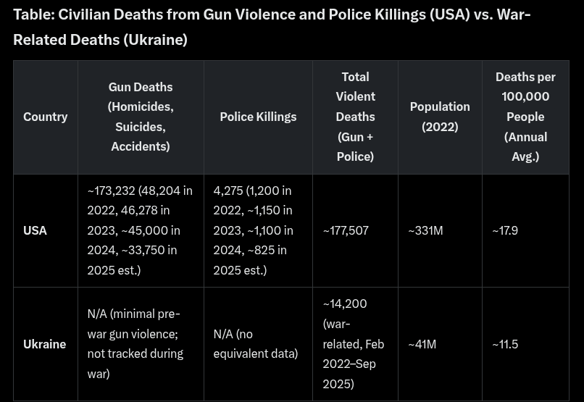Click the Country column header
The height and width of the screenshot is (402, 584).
pyautogui.click(x=45, y=117)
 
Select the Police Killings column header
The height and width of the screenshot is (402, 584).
pyautogui.click(x=258, y=117)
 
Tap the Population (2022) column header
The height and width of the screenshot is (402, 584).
pyautogui.click(x=440, y=117)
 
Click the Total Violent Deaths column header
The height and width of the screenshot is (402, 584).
pyautogui.click(x=355, y=117)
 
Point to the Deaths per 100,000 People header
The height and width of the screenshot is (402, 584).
pyautogui.click(x=525, y=117)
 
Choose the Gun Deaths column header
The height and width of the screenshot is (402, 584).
pyautogui.click(x=141, y=117)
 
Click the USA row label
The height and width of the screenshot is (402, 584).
pyautogui.click(x=35, y=230)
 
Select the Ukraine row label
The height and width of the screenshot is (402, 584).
pyautogui.click(x=44, y=344)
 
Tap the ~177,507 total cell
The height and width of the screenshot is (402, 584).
pyautogui.click(x=346, y=230)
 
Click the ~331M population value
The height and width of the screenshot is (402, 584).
pyautogui.click(x=425, y=230)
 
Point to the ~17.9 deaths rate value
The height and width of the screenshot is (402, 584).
pyautogui.click(x=505, y=230)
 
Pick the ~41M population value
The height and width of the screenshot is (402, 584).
pyautogui.click(x=422, y=344)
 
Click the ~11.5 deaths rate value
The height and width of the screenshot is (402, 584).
pyautogui.click(x=505, y=344)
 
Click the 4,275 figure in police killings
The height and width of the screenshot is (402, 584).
pyautogui.click(x=228, y=190)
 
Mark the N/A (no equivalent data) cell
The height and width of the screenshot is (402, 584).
pyautogui.click(x=255, y=344)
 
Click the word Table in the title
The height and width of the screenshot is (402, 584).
pyautogui.click(x=33, y=14)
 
